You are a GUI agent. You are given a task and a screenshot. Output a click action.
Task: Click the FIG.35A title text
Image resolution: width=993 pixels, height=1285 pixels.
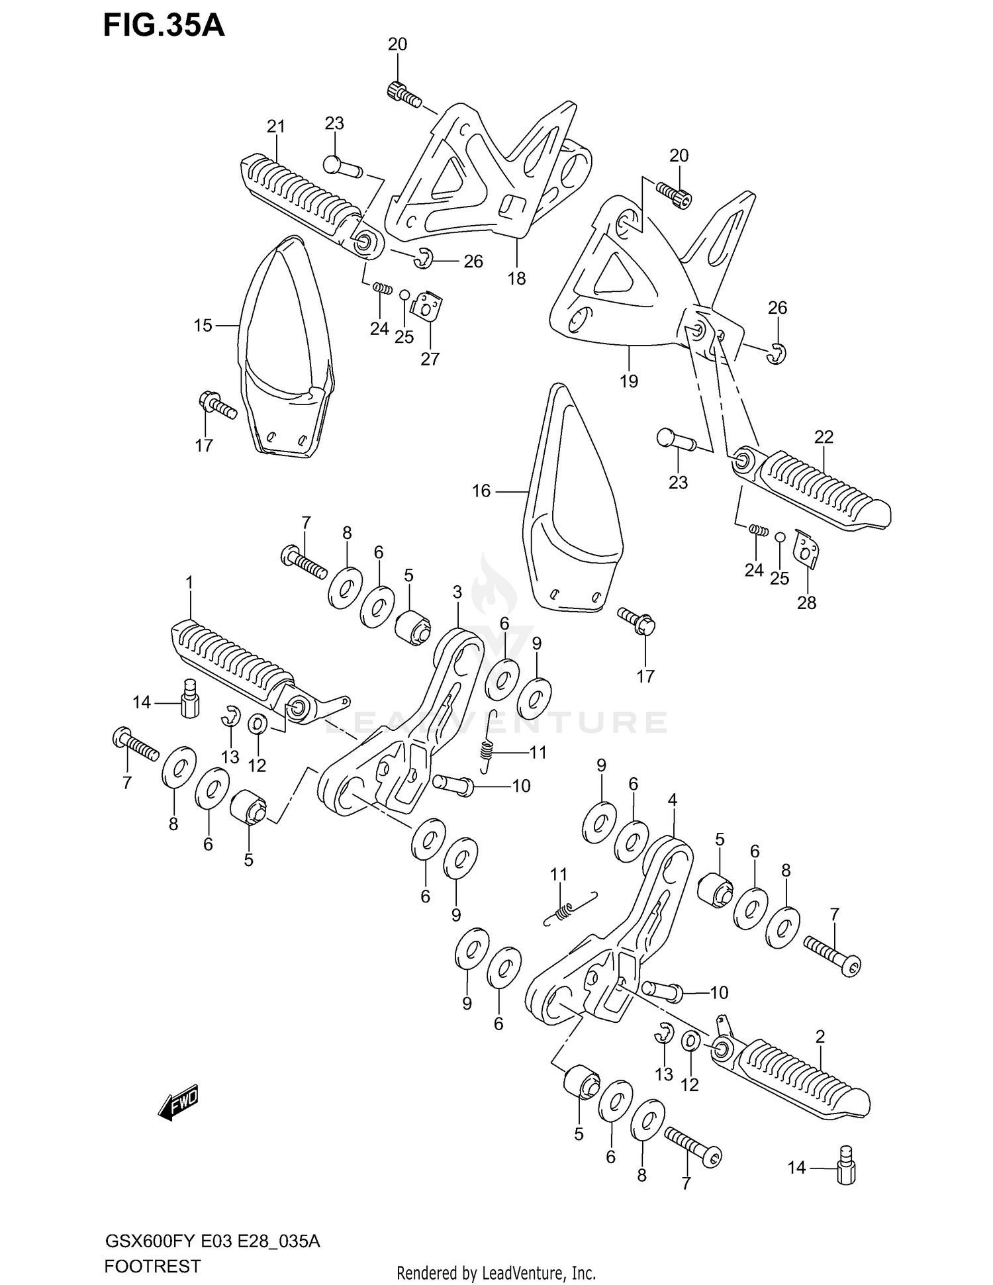point(164,26)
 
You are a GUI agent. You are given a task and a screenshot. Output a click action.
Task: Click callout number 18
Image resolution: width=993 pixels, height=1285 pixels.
point(516,279)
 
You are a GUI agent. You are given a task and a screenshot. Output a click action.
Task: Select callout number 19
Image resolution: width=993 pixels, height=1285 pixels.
point(628,381)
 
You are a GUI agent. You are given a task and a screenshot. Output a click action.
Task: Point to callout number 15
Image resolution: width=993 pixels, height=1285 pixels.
point(203,326)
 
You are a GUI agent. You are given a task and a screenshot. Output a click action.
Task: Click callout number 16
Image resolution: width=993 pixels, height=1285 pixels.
point(481,491)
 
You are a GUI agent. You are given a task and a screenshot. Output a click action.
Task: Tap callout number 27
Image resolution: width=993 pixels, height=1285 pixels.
point(430,359)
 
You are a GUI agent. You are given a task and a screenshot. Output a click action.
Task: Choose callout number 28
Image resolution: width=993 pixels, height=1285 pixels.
point(806,602)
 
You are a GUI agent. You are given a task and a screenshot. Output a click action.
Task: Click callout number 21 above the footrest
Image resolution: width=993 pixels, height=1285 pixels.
point(275,126)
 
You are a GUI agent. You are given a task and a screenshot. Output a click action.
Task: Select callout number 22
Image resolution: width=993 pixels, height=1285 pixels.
point(824,437)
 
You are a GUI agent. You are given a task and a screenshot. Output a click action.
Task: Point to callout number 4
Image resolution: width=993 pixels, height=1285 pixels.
point(673,800)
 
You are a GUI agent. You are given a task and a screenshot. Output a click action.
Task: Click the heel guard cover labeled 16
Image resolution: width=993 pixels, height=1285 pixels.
point(569,503)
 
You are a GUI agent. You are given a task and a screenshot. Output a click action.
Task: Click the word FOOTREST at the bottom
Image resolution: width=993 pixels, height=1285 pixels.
point(152,1266)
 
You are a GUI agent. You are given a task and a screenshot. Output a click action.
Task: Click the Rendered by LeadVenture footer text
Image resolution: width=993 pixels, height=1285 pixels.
point(496,1272)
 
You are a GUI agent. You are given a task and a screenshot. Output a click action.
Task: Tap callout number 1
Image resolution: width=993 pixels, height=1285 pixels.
point(189,583)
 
